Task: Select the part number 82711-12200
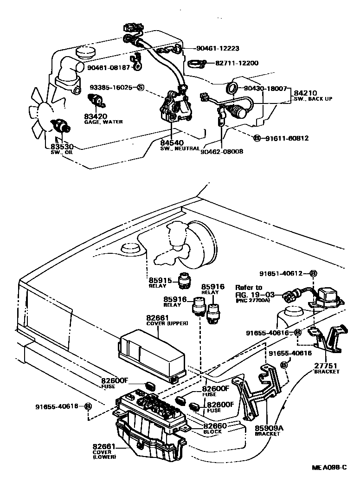point(240,63)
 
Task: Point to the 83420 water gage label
point(96,116)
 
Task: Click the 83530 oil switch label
point(62,147)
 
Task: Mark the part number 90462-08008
point(222,151)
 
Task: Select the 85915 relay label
point(160,281)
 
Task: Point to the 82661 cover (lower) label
point(104,447)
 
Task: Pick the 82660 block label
point(215,426)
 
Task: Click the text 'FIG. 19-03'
point(254,294)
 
